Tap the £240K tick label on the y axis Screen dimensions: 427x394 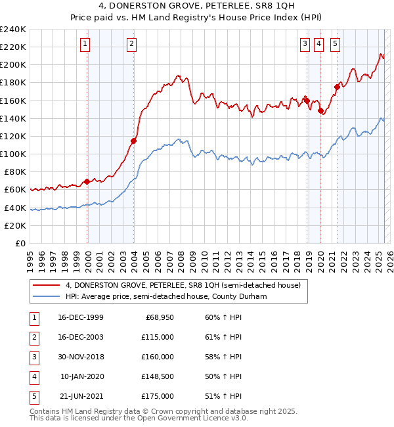(x=13, y=29)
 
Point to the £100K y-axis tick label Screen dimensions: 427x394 (x=13, y=154)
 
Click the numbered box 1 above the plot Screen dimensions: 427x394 (x=86, y=44)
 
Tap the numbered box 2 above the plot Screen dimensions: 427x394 (x=132, y=44)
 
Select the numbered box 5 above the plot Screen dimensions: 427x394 (x=335, y=44)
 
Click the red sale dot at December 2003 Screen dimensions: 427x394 (x=133, y=141)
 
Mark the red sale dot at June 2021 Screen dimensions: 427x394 (x=337, y=87)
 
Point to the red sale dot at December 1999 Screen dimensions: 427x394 (x=87, y=181)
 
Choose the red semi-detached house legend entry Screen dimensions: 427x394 (x=183, y=285)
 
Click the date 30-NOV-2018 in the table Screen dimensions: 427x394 (x=80, y=357)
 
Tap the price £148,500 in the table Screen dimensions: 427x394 (x=158, y=376)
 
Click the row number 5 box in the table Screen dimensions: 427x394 (x=33, y=396)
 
